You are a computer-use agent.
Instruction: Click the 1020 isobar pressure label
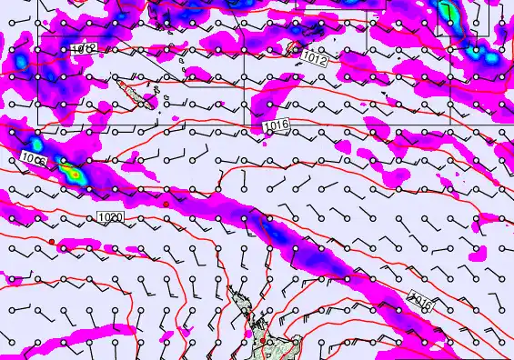(110, 217)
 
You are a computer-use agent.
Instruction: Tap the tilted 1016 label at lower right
(421, 299)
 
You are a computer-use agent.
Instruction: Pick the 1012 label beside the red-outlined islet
(316, 58)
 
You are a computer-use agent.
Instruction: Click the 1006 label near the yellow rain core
(34, 160)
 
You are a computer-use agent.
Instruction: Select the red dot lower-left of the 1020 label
(54, 242)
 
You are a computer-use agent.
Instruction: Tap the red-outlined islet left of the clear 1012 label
(293, 45)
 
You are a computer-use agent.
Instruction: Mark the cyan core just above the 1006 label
(35, 143)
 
